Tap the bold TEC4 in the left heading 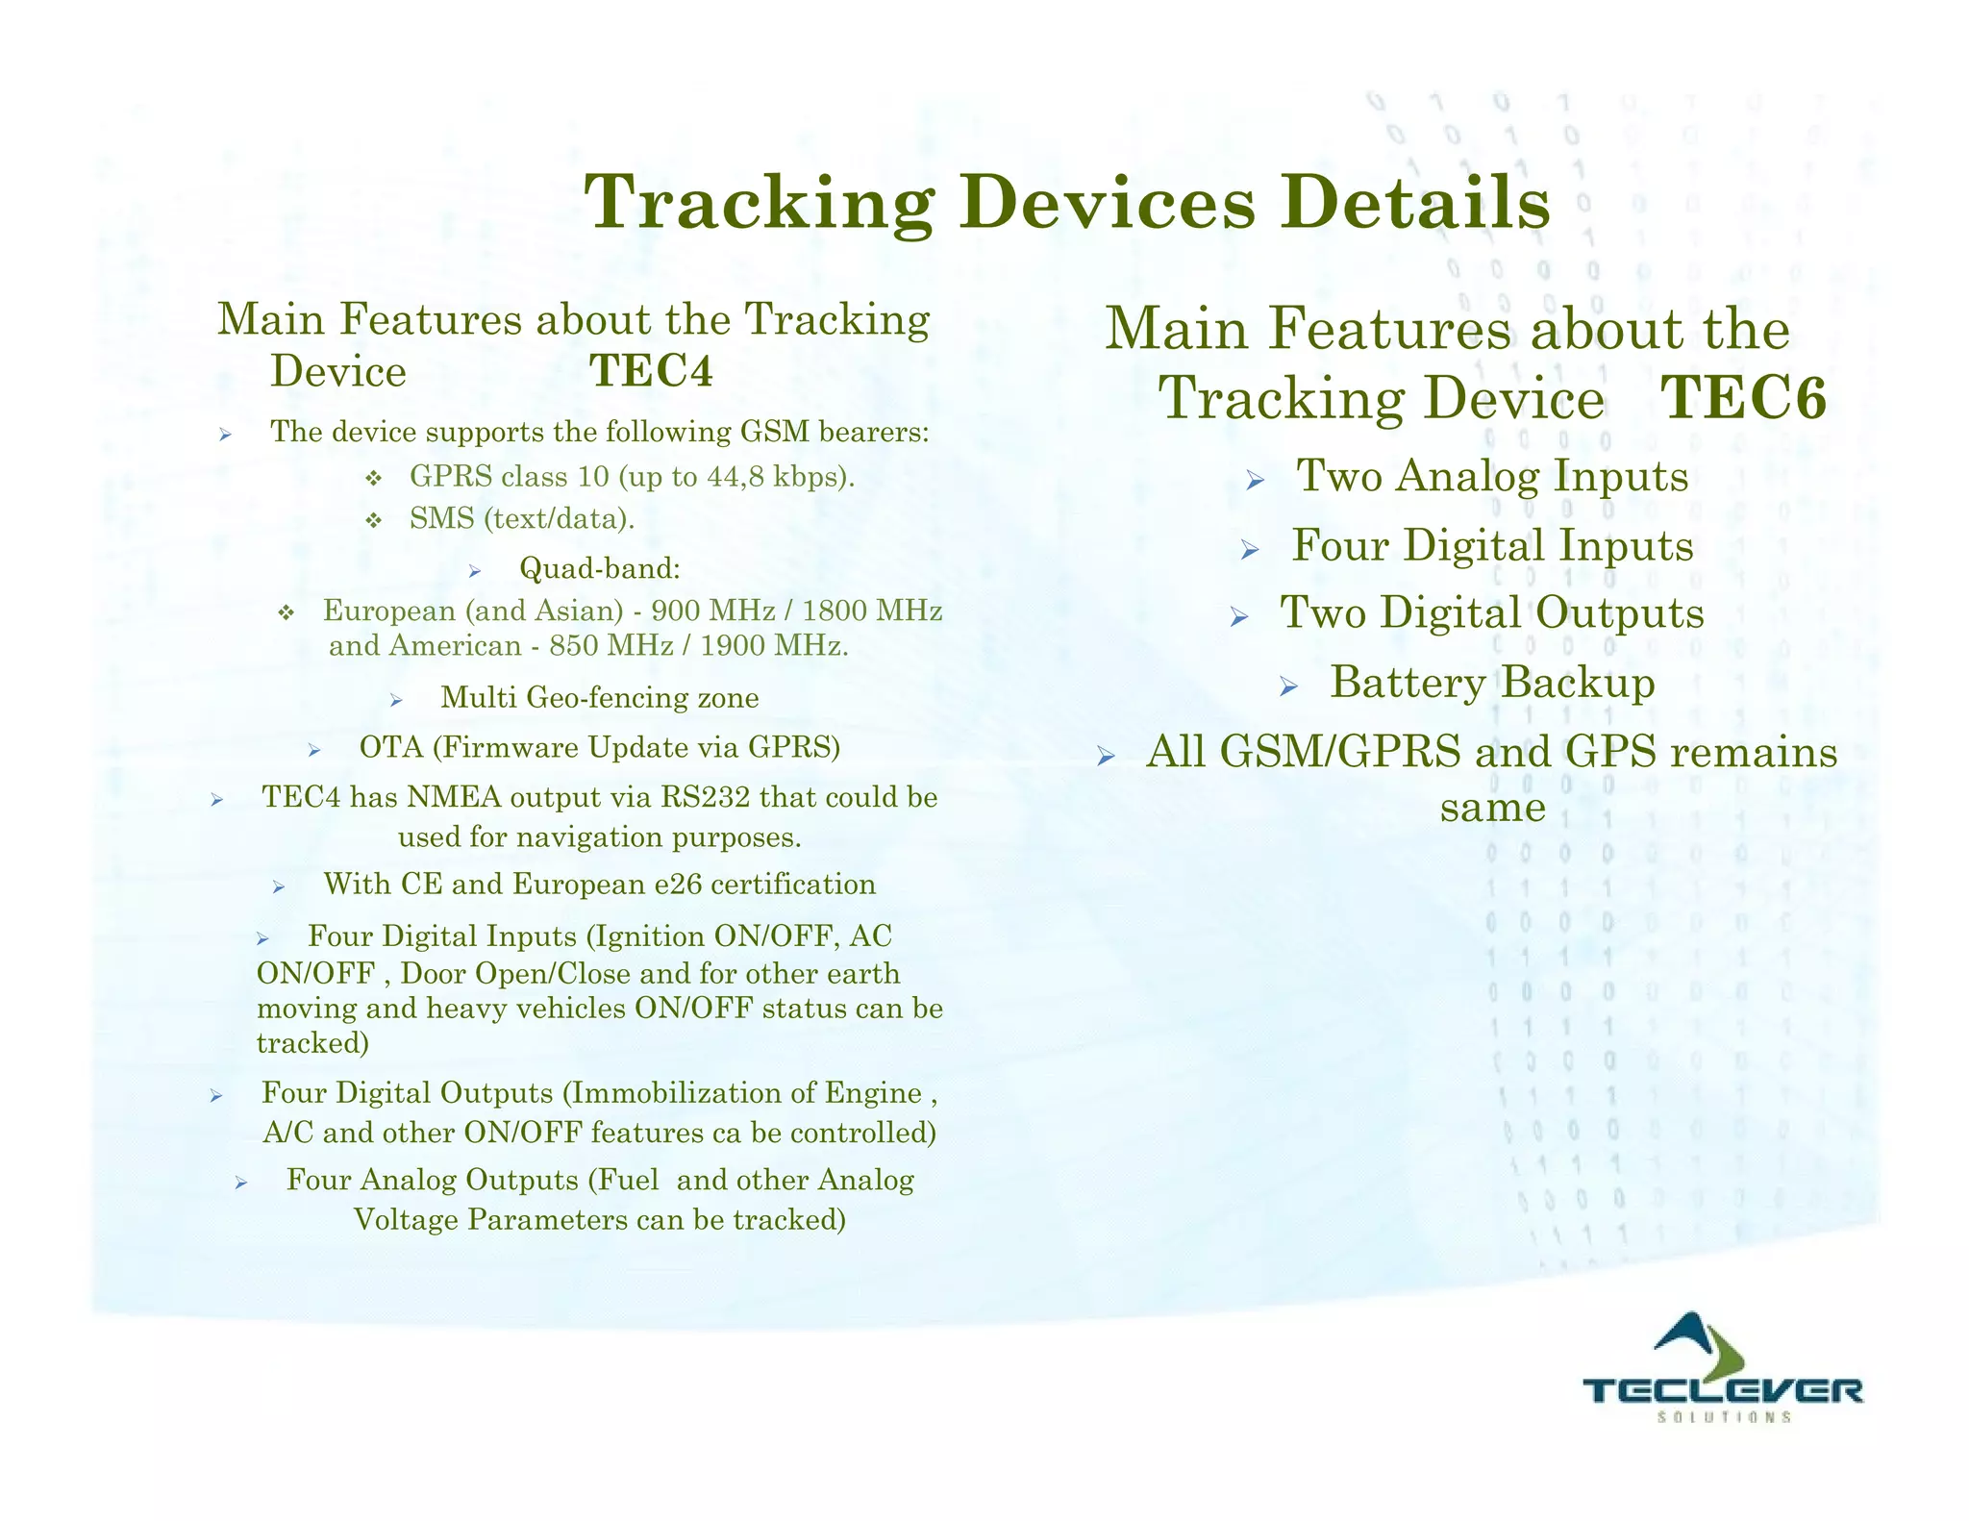tap(651, 371)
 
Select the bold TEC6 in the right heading tap(1744, 398)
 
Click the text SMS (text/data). tap(522, 519)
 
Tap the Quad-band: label tap(600, 569)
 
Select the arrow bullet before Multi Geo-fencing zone tap(395, 700)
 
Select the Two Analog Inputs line tap(1492, 476)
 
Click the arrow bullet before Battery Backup tap(1289, 686)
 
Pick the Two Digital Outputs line tap(1491, 613)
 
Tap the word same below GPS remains tap(1492, 807)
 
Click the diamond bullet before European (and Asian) tap(286, 612)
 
